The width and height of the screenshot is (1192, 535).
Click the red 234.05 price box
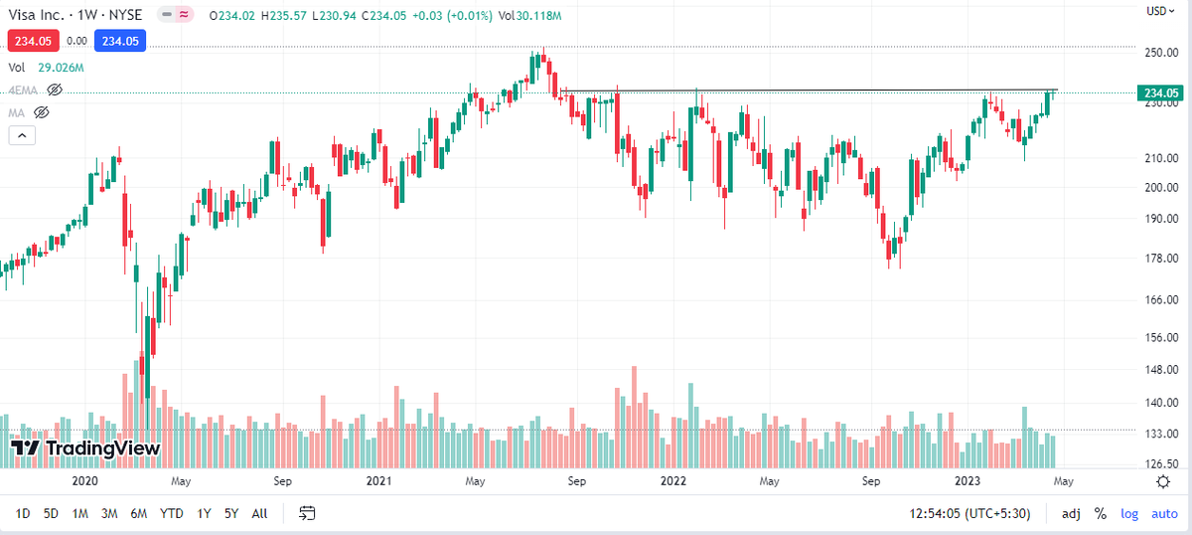33,41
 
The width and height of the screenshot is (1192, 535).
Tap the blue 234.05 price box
120,41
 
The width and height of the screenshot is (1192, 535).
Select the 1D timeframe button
22,514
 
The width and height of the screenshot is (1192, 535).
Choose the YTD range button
171,514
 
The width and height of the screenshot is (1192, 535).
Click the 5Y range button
230,514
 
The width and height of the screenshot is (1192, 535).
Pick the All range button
259,514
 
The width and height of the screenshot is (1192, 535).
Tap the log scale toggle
1129,514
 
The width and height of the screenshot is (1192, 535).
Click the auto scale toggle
1164,514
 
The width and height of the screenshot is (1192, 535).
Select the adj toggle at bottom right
1071,514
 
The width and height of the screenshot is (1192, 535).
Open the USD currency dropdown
1160,11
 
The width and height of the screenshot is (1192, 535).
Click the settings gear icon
1163,482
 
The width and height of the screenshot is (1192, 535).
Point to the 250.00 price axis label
1161,53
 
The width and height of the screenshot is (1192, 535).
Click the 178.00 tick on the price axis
1161,259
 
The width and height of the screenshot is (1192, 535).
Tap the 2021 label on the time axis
378,481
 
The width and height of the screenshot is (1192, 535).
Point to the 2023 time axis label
968,481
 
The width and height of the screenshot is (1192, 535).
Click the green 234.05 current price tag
1160,93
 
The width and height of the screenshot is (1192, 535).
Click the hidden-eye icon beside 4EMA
55,90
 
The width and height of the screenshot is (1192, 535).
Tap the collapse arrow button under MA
22,135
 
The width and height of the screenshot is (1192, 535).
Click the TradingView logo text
85,448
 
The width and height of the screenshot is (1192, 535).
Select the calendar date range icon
307,513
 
